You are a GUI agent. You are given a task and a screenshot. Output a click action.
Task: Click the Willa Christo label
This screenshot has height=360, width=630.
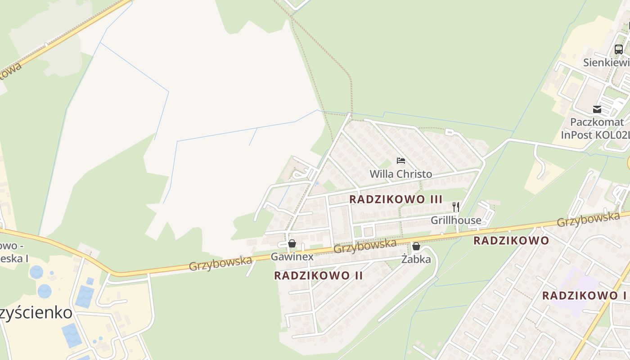(x=400, y=174)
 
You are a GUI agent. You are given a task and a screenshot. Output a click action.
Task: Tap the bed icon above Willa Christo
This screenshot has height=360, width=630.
(x=401, y=161)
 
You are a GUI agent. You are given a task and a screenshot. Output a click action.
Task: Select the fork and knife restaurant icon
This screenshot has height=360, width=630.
(x=456, y=207)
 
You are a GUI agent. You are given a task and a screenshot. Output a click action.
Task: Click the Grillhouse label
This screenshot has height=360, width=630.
(x=456, y=220)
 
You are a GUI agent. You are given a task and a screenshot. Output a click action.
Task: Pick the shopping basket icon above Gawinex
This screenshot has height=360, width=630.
(x=292, y=243)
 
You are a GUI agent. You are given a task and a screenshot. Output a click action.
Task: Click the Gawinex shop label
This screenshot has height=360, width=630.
(x=292, y=257)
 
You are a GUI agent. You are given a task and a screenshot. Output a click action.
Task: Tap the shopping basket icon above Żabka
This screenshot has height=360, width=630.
(x=416, y=246)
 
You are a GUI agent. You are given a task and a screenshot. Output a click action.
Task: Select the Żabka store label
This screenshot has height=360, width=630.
(x=416, y=260)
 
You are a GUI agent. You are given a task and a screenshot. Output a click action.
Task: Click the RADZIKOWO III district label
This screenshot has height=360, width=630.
(x=396, y=199)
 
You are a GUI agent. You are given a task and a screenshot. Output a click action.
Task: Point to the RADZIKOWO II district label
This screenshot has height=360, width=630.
(x=319, y=275)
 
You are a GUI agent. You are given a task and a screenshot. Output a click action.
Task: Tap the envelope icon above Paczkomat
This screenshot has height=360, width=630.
(x=597, y=109)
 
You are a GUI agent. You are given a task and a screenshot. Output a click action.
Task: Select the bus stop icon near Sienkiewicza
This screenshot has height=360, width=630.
(x=619, y=49)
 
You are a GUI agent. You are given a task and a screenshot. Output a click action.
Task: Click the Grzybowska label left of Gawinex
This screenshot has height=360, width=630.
(x=220, y=263)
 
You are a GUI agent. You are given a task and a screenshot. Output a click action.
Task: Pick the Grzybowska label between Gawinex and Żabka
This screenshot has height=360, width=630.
(x=365, y=246)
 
